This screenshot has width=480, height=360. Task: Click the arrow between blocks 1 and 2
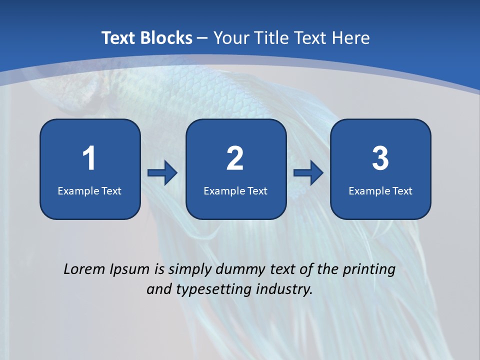[162, 173]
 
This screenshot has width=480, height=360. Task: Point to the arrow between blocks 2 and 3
[308, 173]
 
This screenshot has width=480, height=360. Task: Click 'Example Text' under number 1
[89, 190]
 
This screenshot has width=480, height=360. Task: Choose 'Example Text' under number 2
[235, 190]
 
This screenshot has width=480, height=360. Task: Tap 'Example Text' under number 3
[380, 190]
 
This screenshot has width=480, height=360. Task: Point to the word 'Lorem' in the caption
[84, 269]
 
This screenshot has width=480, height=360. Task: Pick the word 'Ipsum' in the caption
[130, 270]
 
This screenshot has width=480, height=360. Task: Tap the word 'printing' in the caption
[369, 270]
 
